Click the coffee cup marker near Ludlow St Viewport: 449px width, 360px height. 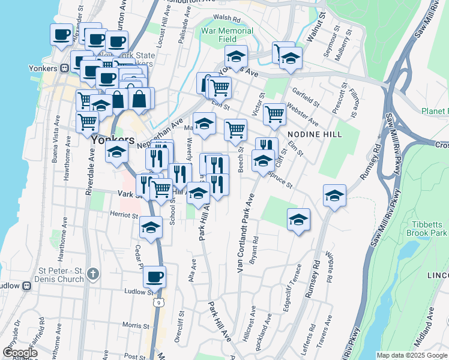click(155, 277)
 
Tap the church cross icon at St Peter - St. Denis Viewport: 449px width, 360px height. click(92, 274)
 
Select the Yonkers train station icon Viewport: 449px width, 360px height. click(62, 68)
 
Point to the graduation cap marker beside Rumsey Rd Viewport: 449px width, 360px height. click(334, 196)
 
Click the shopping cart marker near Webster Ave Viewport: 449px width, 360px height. click(274, 113)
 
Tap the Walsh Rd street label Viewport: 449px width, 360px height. click(230, 19)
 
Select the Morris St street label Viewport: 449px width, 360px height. click(131, 325)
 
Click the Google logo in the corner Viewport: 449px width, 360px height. click(19, 353)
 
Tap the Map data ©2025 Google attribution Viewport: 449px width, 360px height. click(411, 355)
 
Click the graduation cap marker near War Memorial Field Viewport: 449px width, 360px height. click(237, 56)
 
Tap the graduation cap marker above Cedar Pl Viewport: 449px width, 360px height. click(151, 227)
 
